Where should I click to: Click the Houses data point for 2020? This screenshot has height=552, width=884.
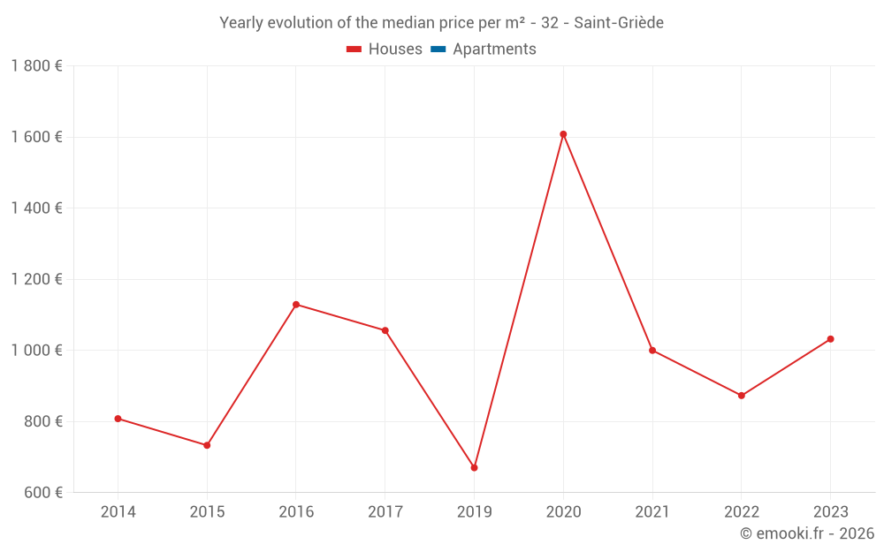click(x=563, y=134)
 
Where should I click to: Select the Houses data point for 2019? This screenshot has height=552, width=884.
click(x=474, y=467)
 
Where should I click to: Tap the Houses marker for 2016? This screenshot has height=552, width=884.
click(x=296, y=305)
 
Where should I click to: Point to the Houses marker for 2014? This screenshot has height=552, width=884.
click(x=118, y=419)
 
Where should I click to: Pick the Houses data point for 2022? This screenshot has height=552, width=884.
click(x=741, y=396)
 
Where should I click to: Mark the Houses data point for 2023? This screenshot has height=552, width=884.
click(x=830, y=339)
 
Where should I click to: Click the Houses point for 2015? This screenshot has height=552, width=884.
click(x=207, y=445)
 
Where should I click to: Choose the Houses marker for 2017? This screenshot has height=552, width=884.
click(x=385, y=330)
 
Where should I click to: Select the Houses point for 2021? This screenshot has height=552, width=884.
click(x=652, y=351)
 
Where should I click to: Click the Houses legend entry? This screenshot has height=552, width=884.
click(x=385, y=49)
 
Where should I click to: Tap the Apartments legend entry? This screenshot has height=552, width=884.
click(x=484, y=49)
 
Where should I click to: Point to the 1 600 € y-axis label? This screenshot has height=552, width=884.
click(x=37, y=137)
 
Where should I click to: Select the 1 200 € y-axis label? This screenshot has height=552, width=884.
click(x=37, y=279)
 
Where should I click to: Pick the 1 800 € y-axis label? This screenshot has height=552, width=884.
click(x=37, y=66)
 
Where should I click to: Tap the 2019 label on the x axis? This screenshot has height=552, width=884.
click(x=474, y=512)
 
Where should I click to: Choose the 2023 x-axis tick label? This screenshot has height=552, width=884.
click(x=830, y=512)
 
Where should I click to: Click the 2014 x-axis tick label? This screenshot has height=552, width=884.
click(x=118, y=512)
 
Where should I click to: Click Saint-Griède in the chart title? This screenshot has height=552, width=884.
click(x=619, y=23)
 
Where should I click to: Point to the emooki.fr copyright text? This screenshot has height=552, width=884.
click(x=807, y=533)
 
